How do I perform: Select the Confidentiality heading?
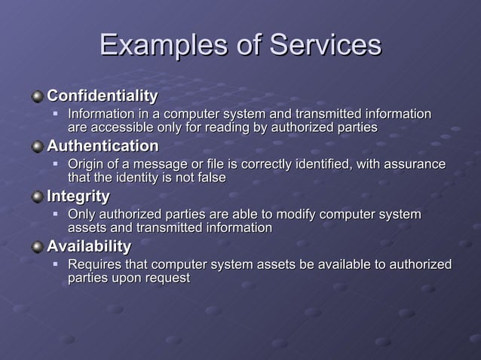(x=103, y=96)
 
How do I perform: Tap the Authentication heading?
(x=103, y=145)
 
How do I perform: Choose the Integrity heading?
(x=78, y=197)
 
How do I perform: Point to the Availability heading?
(x=89, y=246)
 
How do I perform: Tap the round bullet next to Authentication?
(x=38, y=146)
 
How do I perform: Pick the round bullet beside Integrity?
(x=38, y=197)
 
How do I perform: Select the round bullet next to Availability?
(x=38, y=247)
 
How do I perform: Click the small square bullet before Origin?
(x=55, y=163)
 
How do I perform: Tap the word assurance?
(x=414, y=164)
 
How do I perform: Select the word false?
(x=210, y=178)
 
